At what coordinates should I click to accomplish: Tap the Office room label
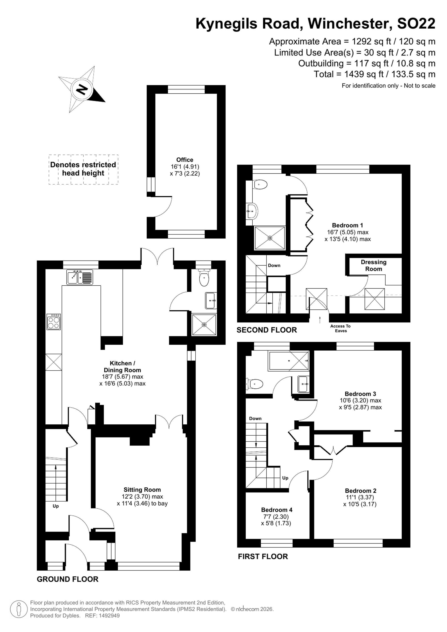pyautogui.click(x=185, y=160)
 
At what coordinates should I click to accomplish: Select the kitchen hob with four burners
pyautogui.click(x=54, y=322)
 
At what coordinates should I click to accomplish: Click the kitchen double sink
pyautogui.click(x=80, y=277)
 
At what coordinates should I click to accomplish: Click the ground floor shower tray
pyautogui.click(x=204, y=325)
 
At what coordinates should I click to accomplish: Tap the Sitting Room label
pyautogui.click(x=142, y=490)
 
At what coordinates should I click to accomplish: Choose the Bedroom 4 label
pyautogui.click(x=277, y=510)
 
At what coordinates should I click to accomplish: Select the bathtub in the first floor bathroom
pyautogui.click(x=289, y=361)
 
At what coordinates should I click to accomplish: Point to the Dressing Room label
pyautogui.click(x=373, y=265)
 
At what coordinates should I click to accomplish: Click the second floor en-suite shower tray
pyautogui.click(x=270, y=238)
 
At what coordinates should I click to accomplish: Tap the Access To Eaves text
pyautogui.click(x=340, y=328)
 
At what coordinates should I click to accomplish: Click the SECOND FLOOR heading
pyautogui.click(x=267, y=330)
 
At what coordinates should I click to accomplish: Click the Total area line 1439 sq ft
pyautogui.click(x=375, y=74)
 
